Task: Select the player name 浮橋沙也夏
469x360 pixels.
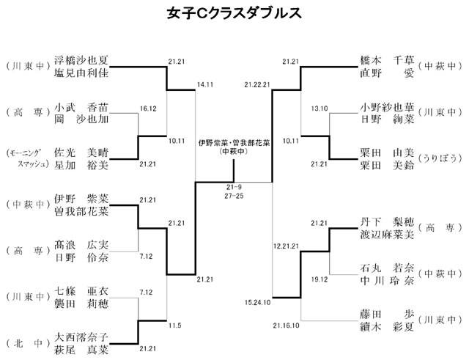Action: pos(82,62)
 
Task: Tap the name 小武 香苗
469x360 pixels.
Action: pos(82,106)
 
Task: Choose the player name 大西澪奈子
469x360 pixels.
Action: pos(82,337)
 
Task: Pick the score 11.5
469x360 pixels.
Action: pos(174,324)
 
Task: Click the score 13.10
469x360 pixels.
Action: pos(319,108)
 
